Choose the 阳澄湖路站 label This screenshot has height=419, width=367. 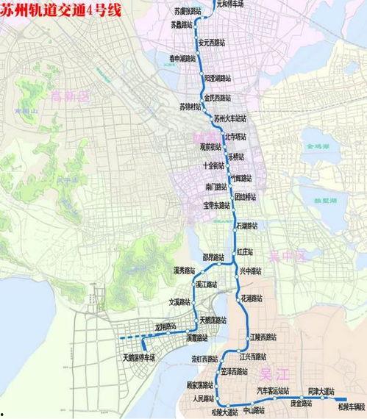coord(218,77)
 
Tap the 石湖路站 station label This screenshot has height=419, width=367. coord(251,226)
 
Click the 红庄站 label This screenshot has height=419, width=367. coord(245,251)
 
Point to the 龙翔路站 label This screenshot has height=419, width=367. coord(165,325)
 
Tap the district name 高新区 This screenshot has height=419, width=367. coord(71,96)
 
